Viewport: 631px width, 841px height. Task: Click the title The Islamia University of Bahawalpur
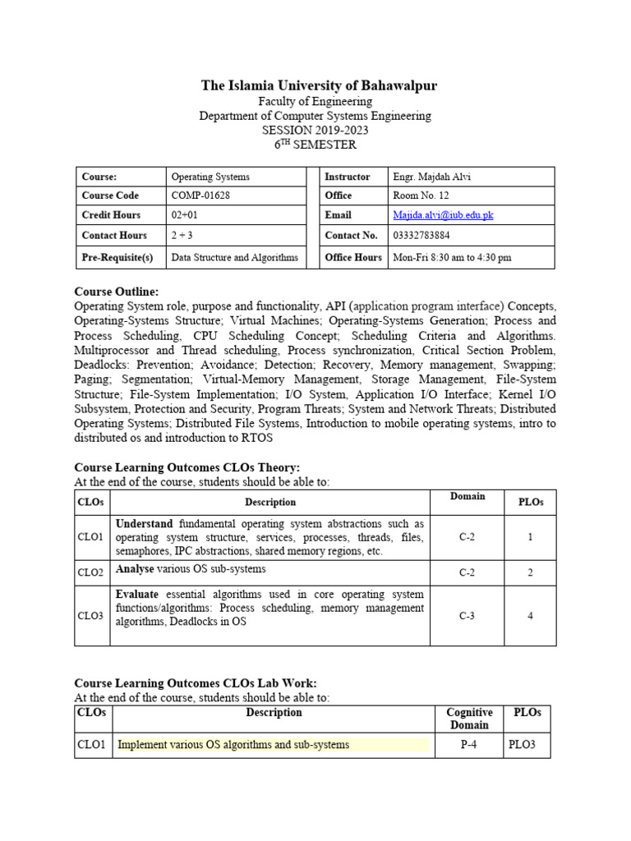[x=320, y=85]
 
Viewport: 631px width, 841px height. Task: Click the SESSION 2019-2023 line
[x=315, y=130]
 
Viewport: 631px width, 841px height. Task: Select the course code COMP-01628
[x=200, y=195]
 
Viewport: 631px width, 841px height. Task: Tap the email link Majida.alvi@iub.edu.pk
[x=444, y=215]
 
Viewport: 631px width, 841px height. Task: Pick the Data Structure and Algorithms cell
[x=234, y=257]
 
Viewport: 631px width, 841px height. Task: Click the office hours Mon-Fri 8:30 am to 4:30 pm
[x=452, y=257]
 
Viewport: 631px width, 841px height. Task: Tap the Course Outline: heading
[x=117, y=292]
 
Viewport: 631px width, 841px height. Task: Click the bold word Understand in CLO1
[x=144, y=523]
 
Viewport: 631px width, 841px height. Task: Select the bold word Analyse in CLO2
[x=134, y=568]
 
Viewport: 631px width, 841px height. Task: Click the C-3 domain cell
[x=467, y=616]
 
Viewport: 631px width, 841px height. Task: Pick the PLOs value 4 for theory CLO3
[x=530, y=616]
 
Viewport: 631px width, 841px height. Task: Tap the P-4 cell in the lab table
[x=469, y=745]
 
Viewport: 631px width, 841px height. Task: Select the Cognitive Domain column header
[x=469, y=719]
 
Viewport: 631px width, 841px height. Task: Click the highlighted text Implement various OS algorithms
[x=233, y=745]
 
